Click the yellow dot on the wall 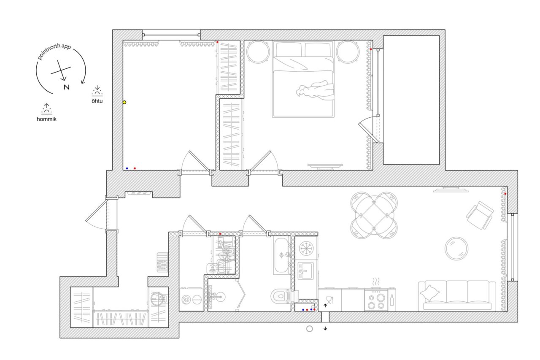[124, 102]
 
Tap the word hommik [46, 119]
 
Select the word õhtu [97, 101]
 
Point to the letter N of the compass [67, 87]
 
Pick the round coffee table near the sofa [456, 249]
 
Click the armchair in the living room [480, 215]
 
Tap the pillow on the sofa [429, 293]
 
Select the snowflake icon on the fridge [306, 248]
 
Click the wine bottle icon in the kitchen [392, 300]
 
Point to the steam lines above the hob [376, 282]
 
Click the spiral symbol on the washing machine [186, 300]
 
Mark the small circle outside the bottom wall [310, 329]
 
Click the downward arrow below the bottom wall [325, 328]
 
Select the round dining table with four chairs [374, 215]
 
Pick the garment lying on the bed [315, 91]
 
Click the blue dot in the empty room [127, 168]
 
